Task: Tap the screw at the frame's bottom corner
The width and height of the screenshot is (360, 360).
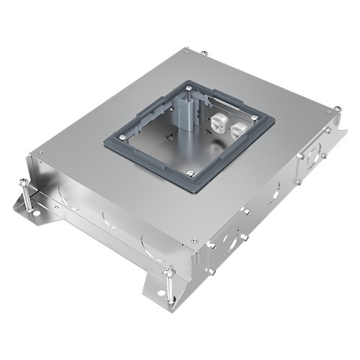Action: (x=191, y=171)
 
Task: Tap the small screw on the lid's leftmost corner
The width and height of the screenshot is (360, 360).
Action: (x=42, y=153)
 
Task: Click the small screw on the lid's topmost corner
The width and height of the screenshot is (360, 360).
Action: (x=186, y=52)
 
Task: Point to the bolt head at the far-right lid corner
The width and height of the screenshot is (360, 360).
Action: (x=334, y=109)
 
